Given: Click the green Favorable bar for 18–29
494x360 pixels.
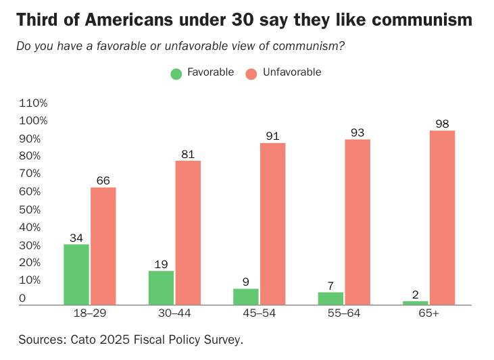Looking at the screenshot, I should tap(76, 274).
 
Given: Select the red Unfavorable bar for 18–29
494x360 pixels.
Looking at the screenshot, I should tap(103, 246).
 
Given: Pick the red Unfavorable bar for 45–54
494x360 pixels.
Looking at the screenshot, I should tap(272, 224).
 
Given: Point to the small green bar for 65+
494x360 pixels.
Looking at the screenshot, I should tap(415, 303).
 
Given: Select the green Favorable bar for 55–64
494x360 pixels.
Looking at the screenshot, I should tap(330, 298).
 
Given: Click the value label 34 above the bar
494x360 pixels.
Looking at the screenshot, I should tap(76, 237).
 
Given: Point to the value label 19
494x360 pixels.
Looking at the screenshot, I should tap(161, 264).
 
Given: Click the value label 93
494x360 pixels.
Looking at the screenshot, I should tap(357, 132).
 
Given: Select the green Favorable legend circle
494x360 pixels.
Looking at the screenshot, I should tap(176, 74).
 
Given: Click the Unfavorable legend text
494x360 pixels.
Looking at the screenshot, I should tap(292, 72).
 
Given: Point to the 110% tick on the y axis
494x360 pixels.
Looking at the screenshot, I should tap(34, 103).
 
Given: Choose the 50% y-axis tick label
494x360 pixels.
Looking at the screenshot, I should tap(34, 209).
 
